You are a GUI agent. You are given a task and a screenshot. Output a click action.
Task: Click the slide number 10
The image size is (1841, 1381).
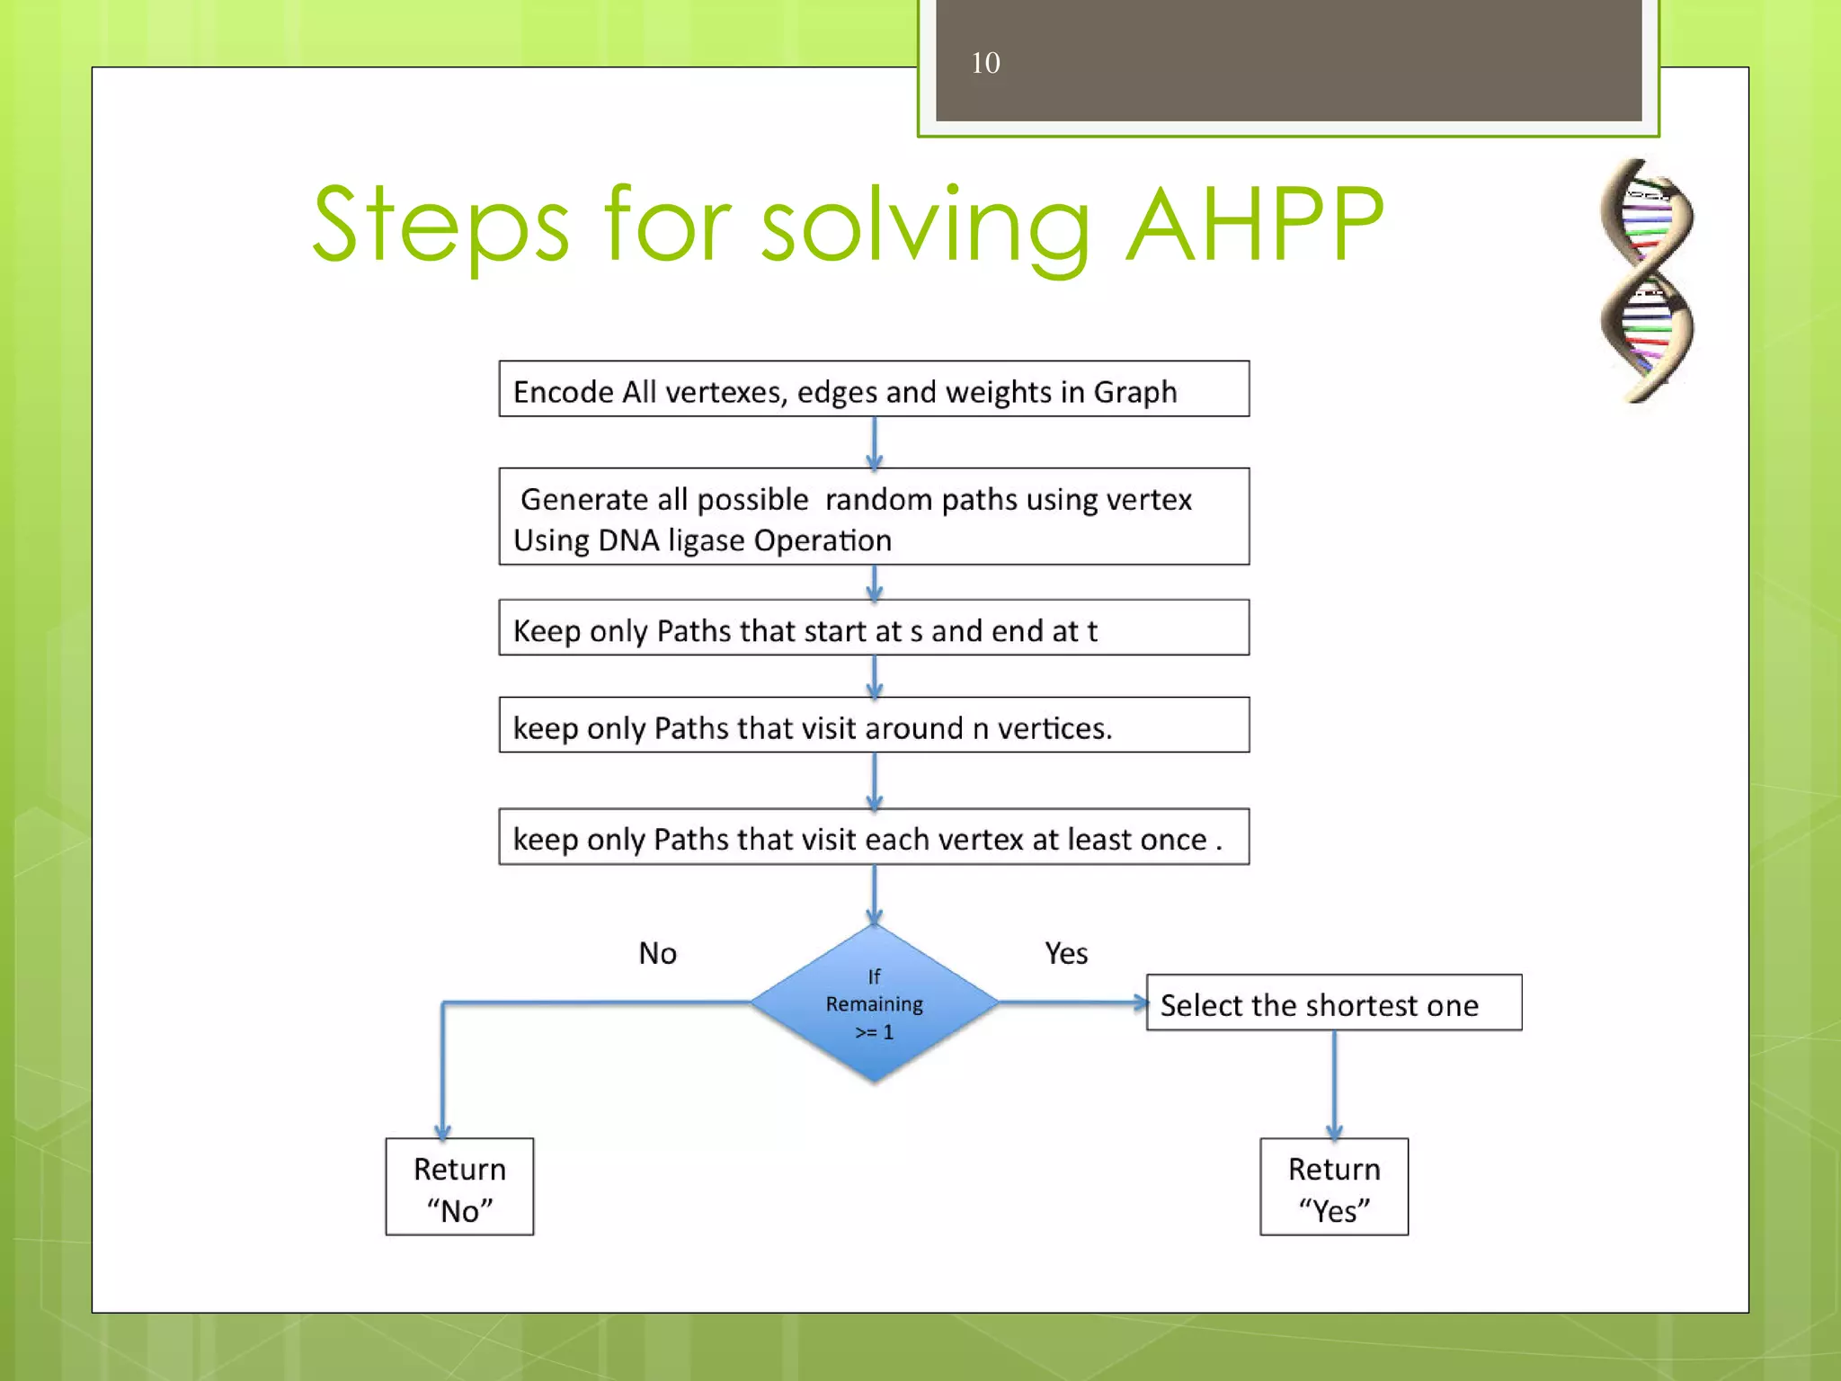point(985,63)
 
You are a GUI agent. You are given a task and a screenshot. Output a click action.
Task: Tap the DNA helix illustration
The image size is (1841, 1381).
point(1646,281)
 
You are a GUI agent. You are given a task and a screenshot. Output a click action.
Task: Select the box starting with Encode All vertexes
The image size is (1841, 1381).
point(874,389)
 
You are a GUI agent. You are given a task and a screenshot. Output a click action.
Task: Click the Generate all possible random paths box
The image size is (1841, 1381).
point(874,517)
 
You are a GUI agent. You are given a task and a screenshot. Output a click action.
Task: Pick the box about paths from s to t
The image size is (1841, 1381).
point(874,628)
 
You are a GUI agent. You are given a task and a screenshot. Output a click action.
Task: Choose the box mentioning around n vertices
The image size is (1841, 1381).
point(874,726)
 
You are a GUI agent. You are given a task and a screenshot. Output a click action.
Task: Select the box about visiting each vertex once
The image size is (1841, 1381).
point(874,837)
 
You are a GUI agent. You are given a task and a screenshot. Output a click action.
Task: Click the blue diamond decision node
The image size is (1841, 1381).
point(874,1003)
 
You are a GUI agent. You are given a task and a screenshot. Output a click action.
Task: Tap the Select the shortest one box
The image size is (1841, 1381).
point(1334,1003)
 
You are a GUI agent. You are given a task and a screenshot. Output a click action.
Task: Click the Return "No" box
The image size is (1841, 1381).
point(459,1188)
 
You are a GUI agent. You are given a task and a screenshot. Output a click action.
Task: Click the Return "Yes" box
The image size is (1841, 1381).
point(1334,1188)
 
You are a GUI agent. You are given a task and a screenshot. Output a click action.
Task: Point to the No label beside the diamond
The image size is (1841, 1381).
point(657,953)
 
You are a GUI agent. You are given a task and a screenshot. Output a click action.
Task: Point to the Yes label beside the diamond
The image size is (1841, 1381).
point(1066,953)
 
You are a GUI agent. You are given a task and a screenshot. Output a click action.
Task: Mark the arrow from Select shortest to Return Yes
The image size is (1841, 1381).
point(1334,1084)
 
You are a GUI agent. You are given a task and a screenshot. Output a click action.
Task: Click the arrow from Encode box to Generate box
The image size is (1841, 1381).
point(874,442)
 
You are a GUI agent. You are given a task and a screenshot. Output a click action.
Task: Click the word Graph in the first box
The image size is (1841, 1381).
point(1134,392)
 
